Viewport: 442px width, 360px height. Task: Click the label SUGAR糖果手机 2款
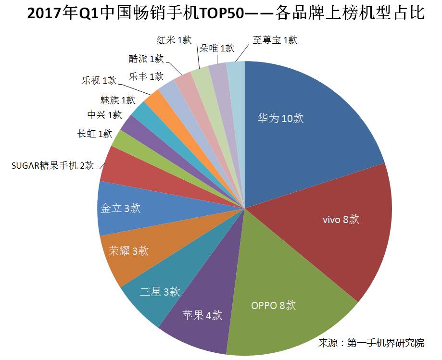coord(53,165)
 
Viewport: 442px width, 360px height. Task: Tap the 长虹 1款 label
coord(95,134)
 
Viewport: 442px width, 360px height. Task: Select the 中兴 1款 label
coord(104,115)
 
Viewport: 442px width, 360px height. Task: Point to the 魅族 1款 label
coord(117,100)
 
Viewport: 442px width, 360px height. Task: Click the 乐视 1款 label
coord(99,80)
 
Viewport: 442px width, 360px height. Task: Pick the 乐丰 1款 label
coord(146,76)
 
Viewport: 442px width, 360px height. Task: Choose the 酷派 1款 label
coord(146,59)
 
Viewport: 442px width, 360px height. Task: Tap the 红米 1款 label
coord(174,40)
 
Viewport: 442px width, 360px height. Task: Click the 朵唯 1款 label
coord(216,48)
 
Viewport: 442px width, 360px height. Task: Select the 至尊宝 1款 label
coord(275,40)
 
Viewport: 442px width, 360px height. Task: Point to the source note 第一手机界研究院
coord(386,343)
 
